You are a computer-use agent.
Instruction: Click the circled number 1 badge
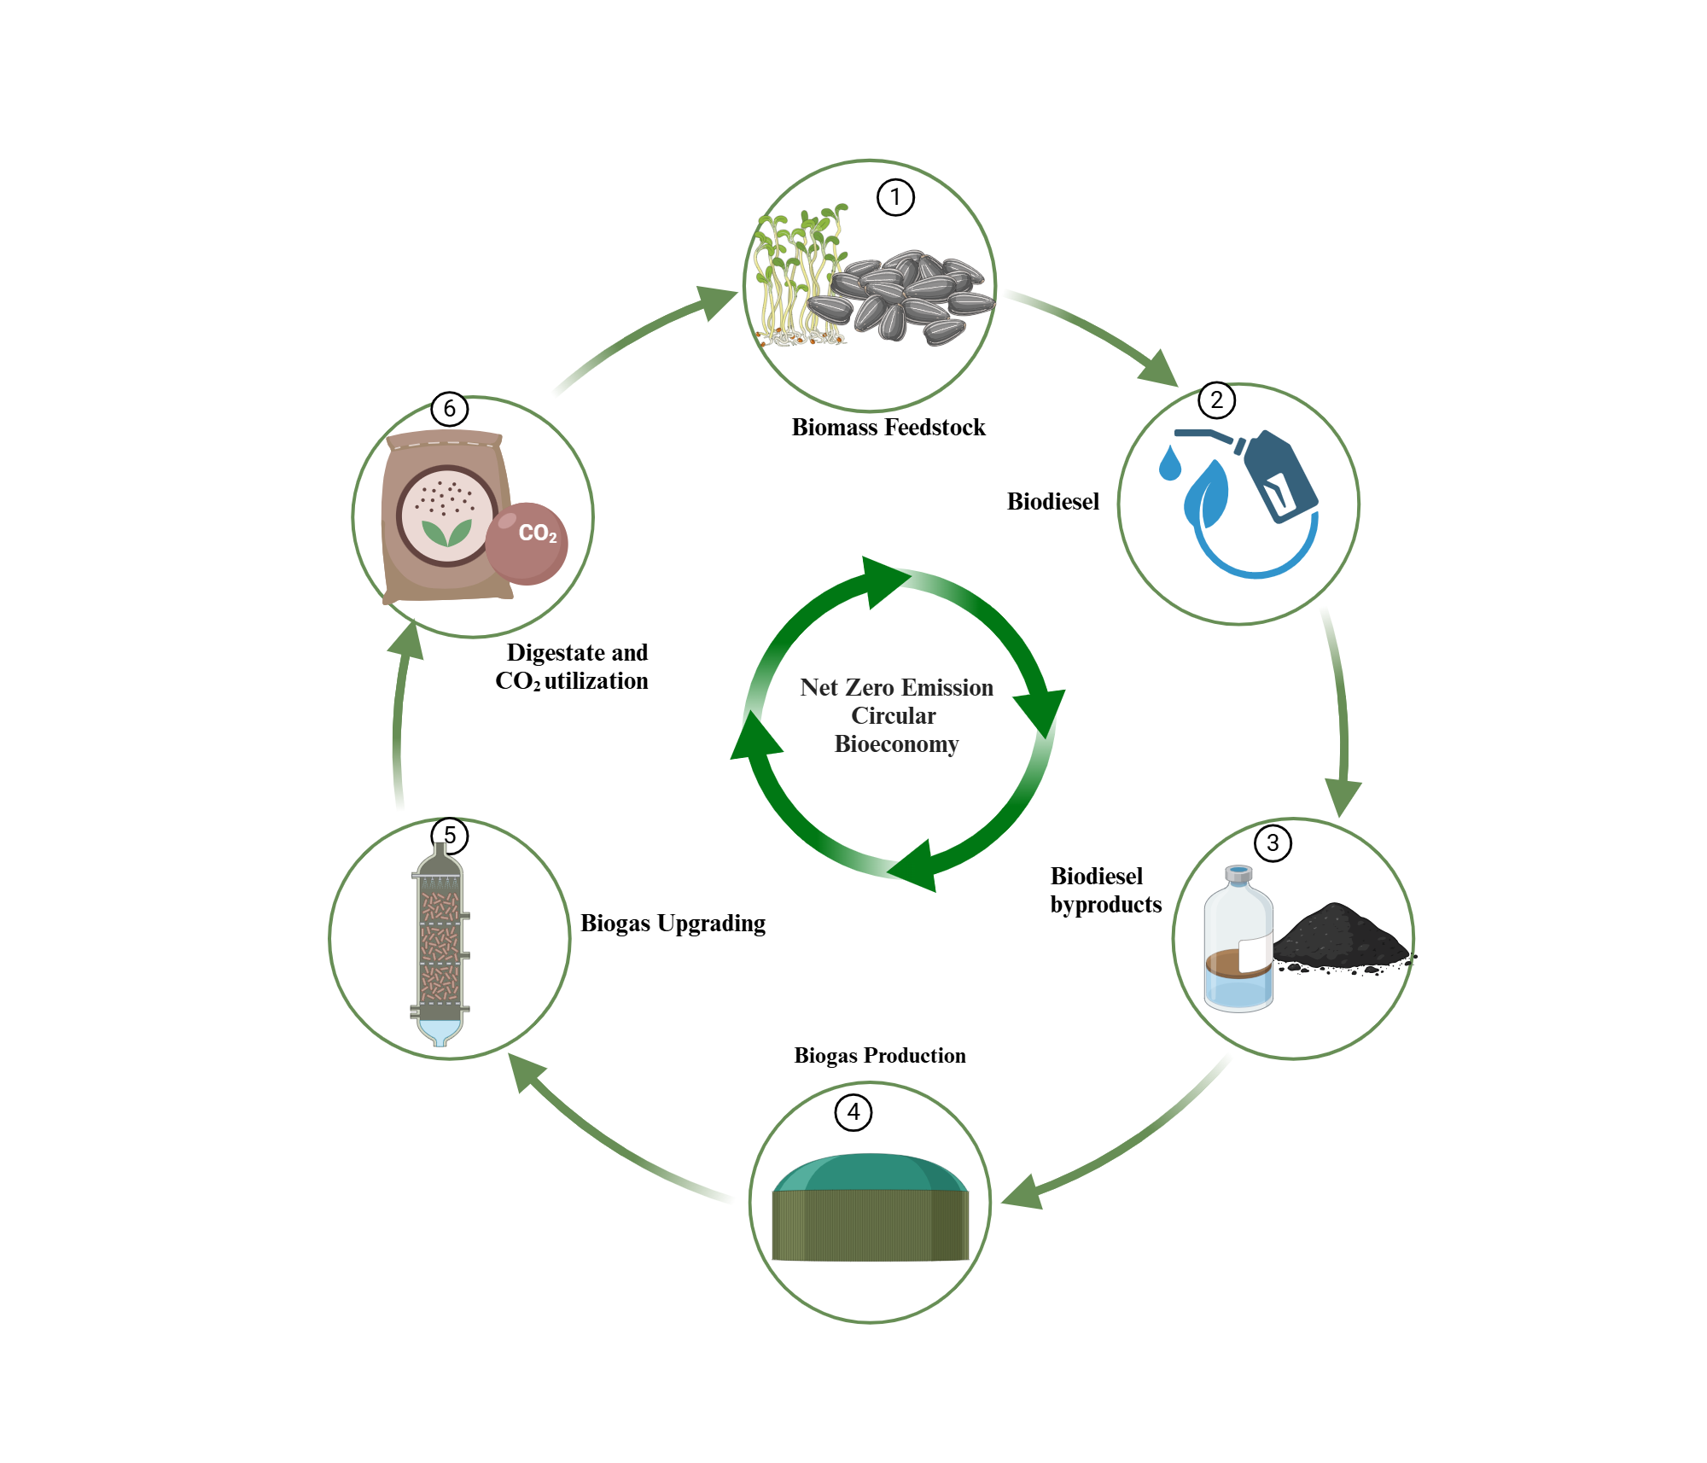[x=895, y=198]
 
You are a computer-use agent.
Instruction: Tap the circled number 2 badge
[x=1216, y=400]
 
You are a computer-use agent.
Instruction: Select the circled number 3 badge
[x=1273, y=843]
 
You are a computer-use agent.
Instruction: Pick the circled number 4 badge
[x=853, y=1112]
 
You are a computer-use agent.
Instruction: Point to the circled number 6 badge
[x=450, y=409]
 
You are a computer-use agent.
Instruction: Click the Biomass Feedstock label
[x=888, y=428]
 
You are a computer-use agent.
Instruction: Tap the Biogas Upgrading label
[x=673, y=924]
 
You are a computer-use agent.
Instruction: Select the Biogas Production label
[x=880, y=1056]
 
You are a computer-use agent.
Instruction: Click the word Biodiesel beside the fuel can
[x=1052, y=502]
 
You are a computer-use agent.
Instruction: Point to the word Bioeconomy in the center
[x=896, y=744]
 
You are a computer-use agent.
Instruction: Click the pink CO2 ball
[x=527, y=543]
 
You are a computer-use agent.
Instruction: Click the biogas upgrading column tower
[x=440, y=943]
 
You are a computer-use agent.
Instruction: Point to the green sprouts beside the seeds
[x=794, y=273]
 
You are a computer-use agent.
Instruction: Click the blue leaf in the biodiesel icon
[x=1206, y=494]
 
